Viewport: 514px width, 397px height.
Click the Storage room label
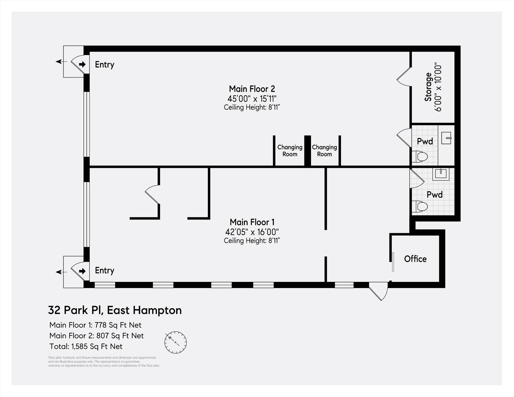428,87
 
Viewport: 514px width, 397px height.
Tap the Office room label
415,259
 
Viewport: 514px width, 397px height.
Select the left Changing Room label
290,150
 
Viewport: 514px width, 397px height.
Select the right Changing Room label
324,150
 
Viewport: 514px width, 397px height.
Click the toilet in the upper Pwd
419,157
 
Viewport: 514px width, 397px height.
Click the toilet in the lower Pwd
419,206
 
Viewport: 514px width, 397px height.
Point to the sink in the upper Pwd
446,138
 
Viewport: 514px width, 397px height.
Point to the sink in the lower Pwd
441,174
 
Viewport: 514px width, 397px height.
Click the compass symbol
175,342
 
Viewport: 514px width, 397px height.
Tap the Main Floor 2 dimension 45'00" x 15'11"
252,99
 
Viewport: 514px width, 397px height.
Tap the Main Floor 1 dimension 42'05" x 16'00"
252,232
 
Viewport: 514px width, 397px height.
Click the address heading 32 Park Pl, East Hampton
115,310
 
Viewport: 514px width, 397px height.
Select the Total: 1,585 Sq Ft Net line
86,346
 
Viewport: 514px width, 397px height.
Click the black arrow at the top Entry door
82,64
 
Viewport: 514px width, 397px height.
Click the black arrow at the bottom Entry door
82,271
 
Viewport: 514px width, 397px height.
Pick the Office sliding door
393,262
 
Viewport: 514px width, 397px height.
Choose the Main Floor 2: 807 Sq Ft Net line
96,336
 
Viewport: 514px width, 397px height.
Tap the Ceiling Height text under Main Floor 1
252,241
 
